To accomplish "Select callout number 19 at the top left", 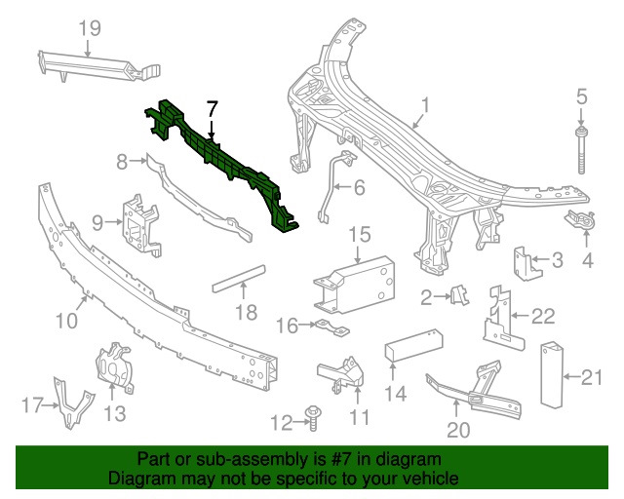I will coord(90,28).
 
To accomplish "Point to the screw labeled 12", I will coord(315,416).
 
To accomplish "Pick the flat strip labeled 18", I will coord(240,283).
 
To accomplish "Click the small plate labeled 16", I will coord(331,326).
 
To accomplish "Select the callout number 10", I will coord(66,320).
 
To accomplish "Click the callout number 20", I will coord(458,428).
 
